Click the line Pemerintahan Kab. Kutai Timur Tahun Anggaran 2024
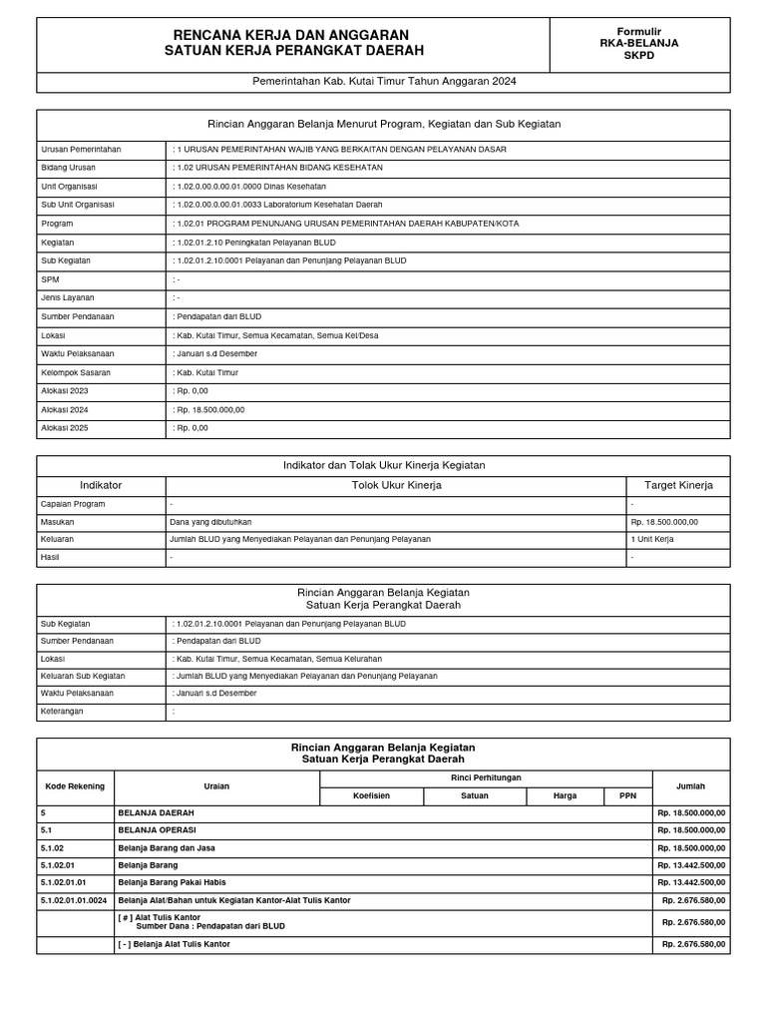(x=383, y=82)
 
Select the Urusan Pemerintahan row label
(x=81, y=149)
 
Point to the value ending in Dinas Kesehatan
(x=249, y=187)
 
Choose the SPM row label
(x=52, y=279)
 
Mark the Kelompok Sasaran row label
(x=76, y=372)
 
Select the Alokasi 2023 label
(x=65, y=391)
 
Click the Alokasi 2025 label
(x=65, y=428)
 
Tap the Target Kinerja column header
(x=678, y=485)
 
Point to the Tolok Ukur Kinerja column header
(x=396, y=485)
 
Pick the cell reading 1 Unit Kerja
(x=652, y=539)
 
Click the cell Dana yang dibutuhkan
(x=211, y=521)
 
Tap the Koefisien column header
(x=371, y=796)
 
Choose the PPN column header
(x=627, y=796)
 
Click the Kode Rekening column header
(x=75, y=786)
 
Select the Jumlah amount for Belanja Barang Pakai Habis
(x=691, y=882)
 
